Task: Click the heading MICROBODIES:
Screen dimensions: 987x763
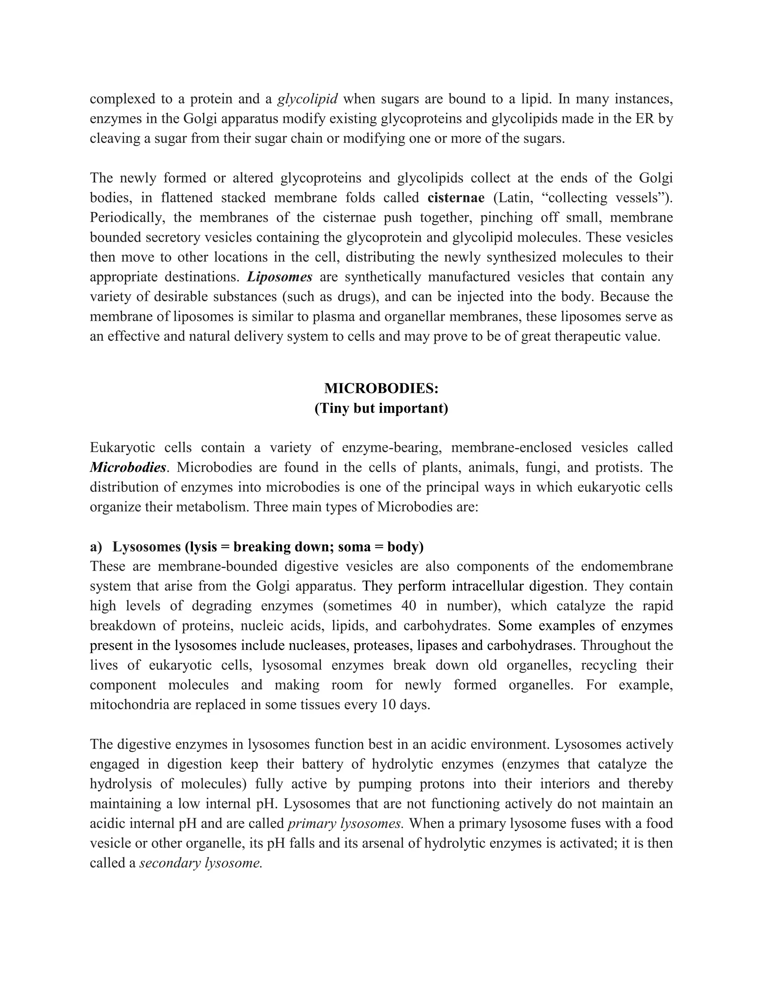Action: click(x=381, y=388)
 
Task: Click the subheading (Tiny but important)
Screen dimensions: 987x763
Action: click(x=381, y=408)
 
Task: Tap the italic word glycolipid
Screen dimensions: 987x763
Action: click(x=307, y=99)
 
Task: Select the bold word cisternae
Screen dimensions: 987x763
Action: click(x=456, y=197)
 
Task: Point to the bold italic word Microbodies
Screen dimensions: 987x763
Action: click(x=128, y=467)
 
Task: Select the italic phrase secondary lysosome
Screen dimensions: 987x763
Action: click(x=201, y=863)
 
